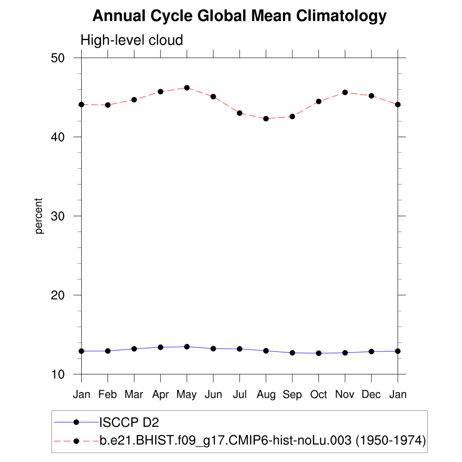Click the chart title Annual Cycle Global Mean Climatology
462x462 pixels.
(x=240, y=16)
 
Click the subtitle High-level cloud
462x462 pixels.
(x=132, y=40)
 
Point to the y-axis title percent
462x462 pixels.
(x=39, y=216)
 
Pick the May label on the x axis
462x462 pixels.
(x=186, y=395)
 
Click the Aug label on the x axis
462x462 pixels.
(x=266, y=395)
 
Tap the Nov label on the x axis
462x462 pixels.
(x=345, y=395)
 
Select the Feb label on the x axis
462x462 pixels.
(x=107, y=395)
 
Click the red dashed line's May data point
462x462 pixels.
(x=186, y=88)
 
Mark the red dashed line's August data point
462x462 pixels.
(x=266, y=119)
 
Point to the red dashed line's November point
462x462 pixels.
(x=345, y=92)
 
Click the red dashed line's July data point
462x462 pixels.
(x=240, y=113)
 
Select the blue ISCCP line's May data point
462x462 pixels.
(x=186, y=346)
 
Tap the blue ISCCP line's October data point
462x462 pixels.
(x=319, y=353)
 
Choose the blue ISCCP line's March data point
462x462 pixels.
(x=134, y=349)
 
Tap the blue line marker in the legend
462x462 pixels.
(x=76, y=422)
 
